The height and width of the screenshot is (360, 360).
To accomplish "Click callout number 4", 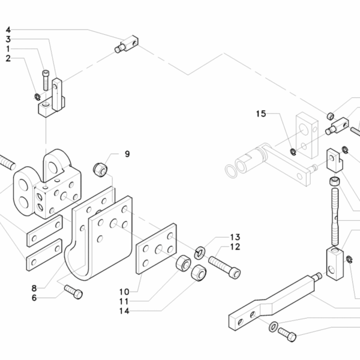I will point(8,29).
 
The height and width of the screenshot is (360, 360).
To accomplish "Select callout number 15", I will point(260,113).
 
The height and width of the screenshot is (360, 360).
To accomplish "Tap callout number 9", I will point(127,154).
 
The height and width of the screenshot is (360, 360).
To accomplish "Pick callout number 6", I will point(34,297).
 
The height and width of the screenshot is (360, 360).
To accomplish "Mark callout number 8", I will point(34,288).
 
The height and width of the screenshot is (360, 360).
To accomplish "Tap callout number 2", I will point(8,58).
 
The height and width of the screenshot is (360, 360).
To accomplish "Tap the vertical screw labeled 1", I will point(46,79).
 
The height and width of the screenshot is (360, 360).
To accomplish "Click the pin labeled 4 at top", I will point(127,44).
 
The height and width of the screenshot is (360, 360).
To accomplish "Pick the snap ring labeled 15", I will point(291,151).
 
